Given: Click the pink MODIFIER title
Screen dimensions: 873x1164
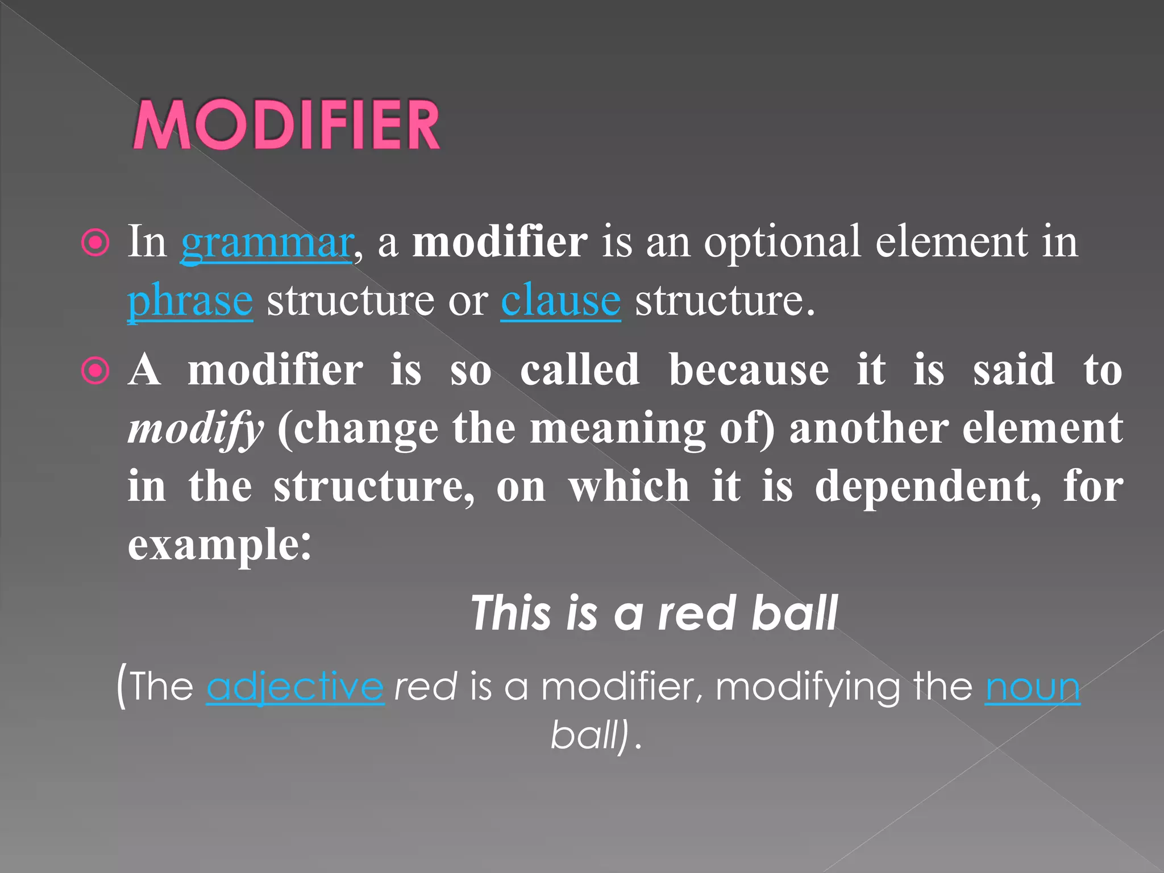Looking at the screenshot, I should [286, 125].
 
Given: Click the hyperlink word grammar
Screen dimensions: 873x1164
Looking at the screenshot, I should [267, 243].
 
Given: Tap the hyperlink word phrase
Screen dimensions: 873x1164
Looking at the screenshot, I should [190, 301].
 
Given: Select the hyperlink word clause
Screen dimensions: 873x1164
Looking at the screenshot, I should [560, 301].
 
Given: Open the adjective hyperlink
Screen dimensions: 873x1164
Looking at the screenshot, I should [295, 687].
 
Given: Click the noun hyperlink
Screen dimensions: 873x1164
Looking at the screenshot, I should [1032, 687].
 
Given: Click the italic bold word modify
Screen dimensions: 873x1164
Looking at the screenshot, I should [196, 429].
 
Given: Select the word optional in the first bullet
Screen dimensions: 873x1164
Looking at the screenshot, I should [782, 242].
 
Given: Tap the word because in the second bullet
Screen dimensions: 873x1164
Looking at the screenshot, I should [748, 371].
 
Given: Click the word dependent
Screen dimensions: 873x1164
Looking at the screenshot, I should [928, 487].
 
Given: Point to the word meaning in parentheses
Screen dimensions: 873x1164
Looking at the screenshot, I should [617, 429].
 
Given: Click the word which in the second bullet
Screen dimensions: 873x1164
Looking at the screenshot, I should [629, 487].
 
